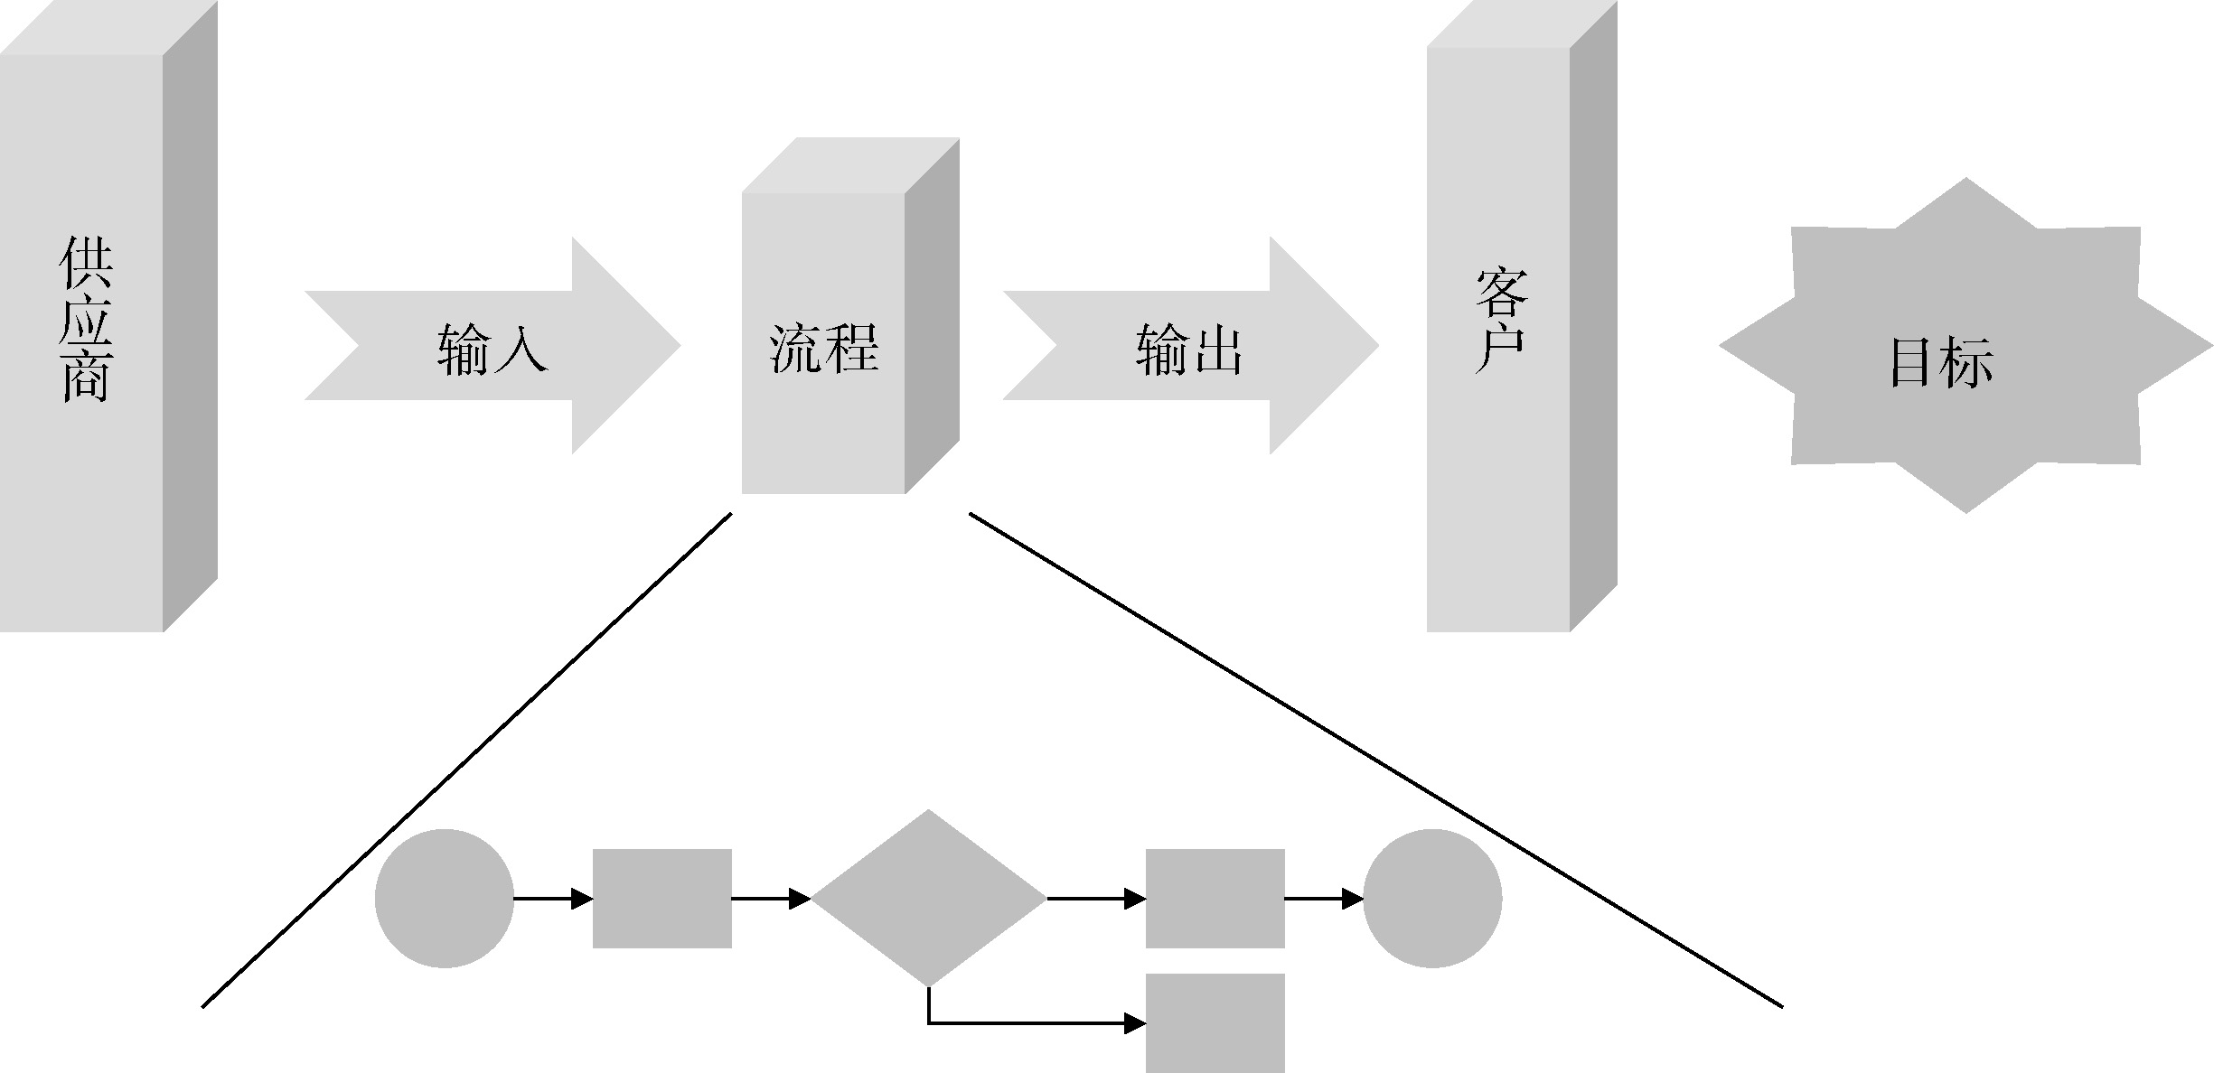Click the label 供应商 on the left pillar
pyautogui.click(x=86, y=321)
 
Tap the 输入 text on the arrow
pyautogui.click(x=493, y=349)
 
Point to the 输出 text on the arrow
pyautogui.click(x=1189, y=349)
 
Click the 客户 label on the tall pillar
pyautogui.click(x=1500, y=321)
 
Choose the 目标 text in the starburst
pyautogui.click(x=1941, y=363)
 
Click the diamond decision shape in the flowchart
pyautogui.click(x=928, y=898)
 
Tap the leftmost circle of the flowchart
pyautogui.click(x=444, y=898)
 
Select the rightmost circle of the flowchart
pyautogui.click(x=1432, y=898)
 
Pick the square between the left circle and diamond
pyautogui.click(x=661, y=898)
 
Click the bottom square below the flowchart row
pyautogui.click(x=1215, y=1022)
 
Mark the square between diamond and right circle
pyautogui.click(x=1215, y=898)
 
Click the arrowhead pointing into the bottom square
pyautogui.click(x=1136, y=1023)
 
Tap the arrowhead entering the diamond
pyautogui.click(x=800, y=899)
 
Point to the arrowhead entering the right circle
pyautogui.click(x=1353, y=899)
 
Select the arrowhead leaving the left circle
pyautogui.click(x=582, y=899)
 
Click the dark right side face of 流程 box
pyautogui.click(x=932, y=316)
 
